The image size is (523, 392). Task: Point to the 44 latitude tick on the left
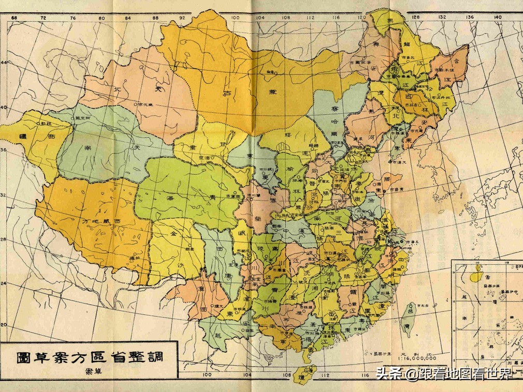pyautogui.click(x=4, y=63)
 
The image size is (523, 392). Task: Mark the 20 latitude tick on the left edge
pyautogui.click(x=4, y=324)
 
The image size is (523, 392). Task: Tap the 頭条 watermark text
pyautogui.click(x=389, y=373)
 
